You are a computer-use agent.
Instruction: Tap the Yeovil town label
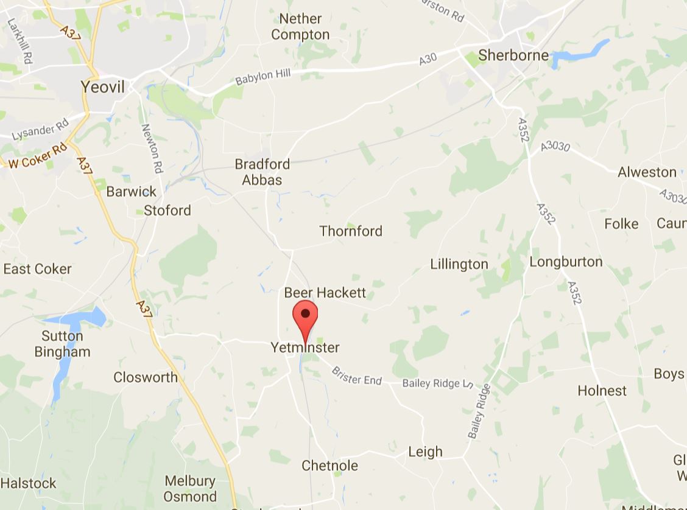click(103, 87)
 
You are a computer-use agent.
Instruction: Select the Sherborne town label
click(513, 55)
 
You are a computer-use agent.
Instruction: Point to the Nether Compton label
click(300, 27)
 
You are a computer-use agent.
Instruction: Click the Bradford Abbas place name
click(262, 172)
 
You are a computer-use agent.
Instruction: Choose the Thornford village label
click(351, 231)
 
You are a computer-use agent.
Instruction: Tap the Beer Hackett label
click(325, 293)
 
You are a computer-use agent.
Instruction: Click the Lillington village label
click(459, 264)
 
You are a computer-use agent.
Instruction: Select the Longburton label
click(566, 262)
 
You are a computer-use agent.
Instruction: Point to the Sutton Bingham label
click(62, 344)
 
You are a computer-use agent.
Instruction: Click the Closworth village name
click(146, 377)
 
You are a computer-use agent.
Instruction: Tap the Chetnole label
click(329, 466)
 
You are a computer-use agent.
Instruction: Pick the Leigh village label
click(425, 452)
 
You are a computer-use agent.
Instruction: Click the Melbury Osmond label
click(190, 489)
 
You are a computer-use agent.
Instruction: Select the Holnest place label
click(602, 391)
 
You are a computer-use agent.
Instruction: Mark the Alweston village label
click(647, 172)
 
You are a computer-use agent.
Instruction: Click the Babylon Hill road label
click(263, 77)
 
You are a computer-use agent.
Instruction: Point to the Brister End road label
click(356, 376)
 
